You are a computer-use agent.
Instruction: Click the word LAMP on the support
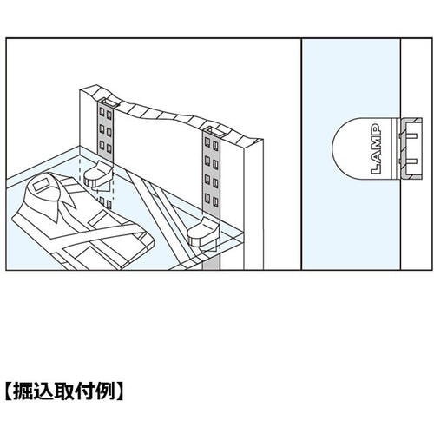click(376, 148)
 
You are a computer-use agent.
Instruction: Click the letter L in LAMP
click(376, 168)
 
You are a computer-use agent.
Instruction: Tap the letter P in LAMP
click(376, 128)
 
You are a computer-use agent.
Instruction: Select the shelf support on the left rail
click(97, 174)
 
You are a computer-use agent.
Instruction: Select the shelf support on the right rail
click(202, 233)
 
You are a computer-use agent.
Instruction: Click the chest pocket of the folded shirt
click(98, 218)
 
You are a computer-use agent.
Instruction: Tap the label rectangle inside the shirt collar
click(42, 185)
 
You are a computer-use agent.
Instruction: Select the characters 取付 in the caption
click(76, 391)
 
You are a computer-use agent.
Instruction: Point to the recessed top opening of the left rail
click(108, 102)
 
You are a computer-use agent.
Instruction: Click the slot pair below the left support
click(105, 202)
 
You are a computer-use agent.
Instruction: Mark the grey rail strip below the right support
click(211, 259)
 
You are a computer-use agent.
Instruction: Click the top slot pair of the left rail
click(105, 114)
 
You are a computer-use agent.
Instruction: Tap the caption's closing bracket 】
click(120, 391)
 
